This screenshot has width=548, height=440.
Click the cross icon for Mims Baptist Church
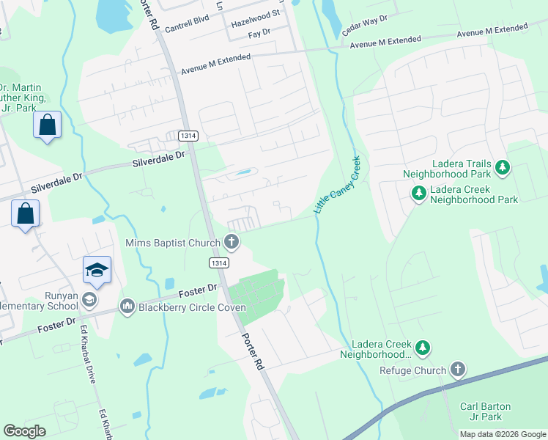pos(232,241)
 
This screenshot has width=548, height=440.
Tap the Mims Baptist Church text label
pos(173,243)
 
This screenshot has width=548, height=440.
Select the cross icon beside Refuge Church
pos(458,369)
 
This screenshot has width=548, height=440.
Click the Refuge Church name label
pos(412,370)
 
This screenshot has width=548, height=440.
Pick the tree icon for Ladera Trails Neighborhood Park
pos(503,168)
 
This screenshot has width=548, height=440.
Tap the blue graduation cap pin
pos(97,271)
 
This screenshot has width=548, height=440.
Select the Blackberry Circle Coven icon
pos(127,305)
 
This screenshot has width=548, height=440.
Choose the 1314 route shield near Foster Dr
pos(219,263)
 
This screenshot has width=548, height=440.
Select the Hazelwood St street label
pos(256,14)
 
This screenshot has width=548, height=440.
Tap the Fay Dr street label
pos(259,34)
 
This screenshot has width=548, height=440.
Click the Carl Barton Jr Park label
pos(485,412)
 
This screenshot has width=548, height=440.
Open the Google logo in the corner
pos(26,431)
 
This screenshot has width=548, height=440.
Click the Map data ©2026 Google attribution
pos(503,434)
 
